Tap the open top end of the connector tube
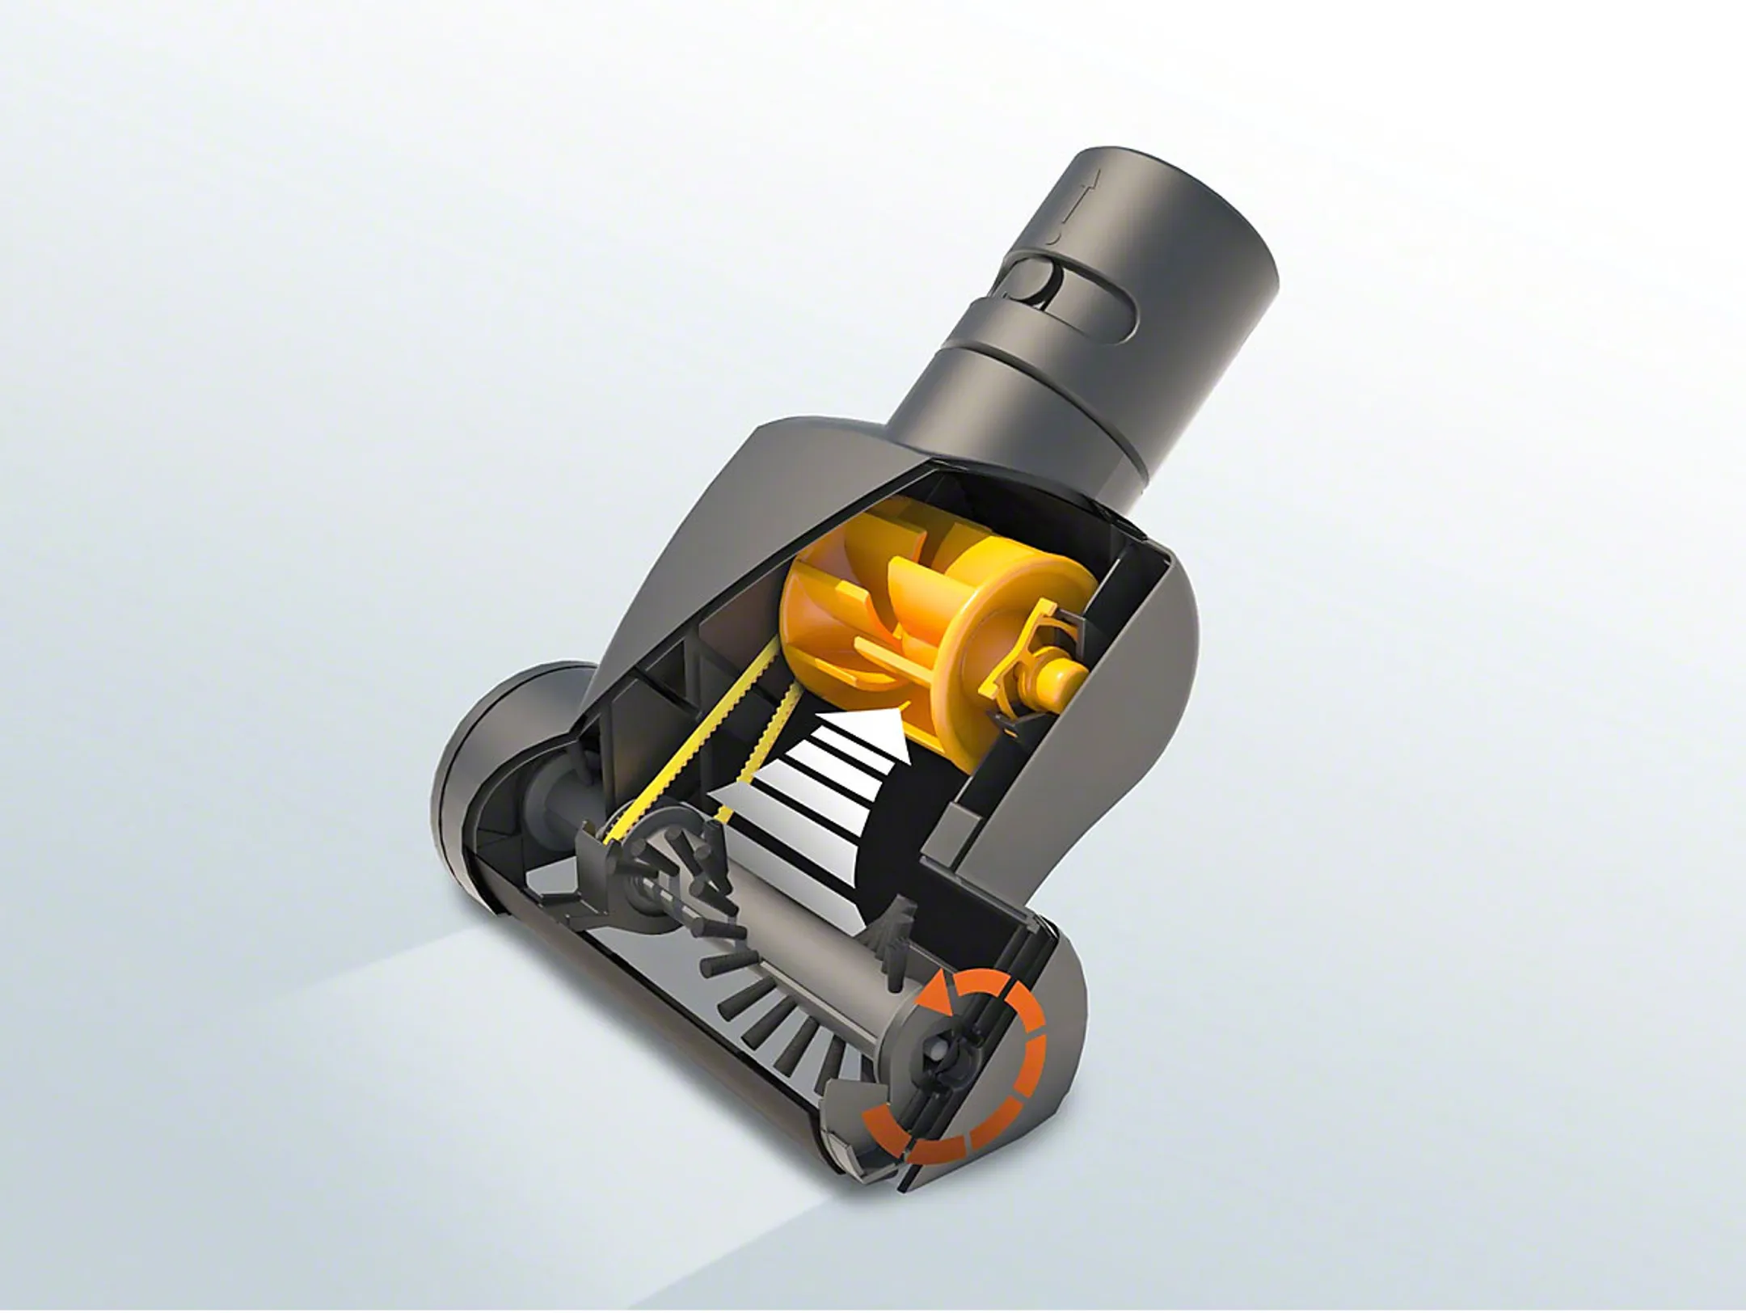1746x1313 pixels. tap(1164, 162)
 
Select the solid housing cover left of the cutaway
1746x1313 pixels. tap(695, 526)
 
